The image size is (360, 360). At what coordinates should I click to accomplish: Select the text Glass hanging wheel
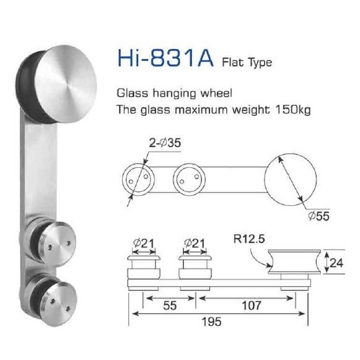point(174,94)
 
